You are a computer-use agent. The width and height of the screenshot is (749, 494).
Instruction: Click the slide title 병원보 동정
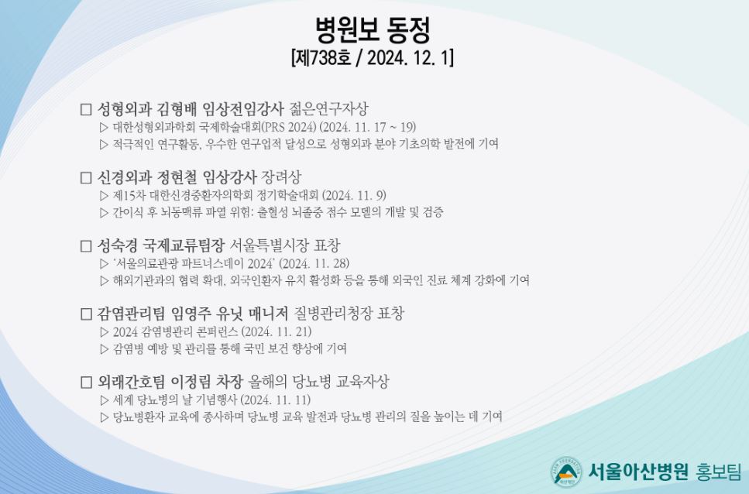[x=373, y=29]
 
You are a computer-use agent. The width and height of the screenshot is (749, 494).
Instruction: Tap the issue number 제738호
[x=323, y=58]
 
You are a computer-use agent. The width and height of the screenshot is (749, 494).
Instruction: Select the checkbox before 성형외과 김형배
[x=86, y=109]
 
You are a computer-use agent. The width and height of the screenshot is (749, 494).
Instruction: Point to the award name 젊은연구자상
[x=328, y=109]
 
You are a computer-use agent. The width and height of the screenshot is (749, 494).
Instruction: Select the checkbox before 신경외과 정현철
[x=86, y=177]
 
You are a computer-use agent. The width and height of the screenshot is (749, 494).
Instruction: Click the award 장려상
[x=281, y=177]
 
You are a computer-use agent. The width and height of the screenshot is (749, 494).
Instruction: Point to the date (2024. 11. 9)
[x=354, y=195]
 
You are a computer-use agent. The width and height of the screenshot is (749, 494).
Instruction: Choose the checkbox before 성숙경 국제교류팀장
[x=86, y=245]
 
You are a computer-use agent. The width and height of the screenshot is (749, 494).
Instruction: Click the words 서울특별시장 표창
[x=285, y=245]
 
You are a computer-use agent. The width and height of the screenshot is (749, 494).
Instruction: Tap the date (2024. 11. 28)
[x=314, y=263]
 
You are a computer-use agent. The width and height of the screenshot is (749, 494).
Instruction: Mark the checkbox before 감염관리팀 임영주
[x=86, y=314]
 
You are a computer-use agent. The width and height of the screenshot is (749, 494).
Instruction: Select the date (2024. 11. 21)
[x=276, y=331]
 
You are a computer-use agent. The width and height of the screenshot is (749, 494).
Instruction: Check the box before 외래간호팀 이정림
[x=86, y=383]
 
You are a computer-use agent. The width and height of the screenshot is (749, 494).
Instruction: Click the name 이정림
[x=190, y=382]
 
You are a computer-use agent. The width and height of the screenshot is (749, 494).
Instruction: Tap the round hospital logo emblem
[x=566, y=472]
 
